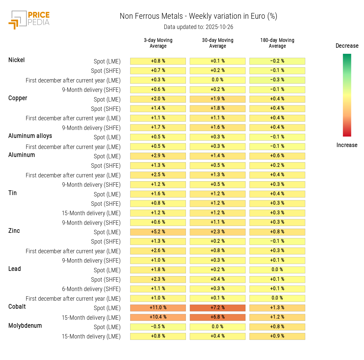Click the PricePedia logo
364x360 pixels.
[x=29, y=20]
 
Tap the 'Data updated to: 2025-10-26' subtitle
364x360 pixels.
[x=198, y=27]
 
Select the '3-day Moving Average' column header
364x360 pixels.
[x=158, y=43]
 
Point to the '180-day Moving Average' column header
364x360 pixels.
[x=277, y=43]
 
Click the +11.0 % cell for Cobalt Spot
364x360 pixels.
[x=158, y=308]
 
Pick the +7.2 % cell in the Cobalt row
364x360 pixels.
[x=218, y=308]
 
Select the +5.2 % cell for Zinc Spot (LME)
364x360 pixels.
[x=158, y=232]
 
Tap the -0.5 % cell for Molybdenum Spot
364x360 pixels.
[x=158, y=327]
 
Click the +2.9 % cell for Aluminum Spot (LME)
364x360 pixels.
[x=158, y=156]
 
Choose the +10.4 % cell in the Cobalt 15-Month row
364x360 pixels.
[x=158, y=317]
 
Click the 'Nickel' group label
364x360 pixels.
[x=17, y=60]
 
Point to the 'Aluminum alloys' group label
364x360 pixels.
[x=30, y=136]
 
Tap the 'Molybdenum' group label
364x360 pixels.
[x=25, y=326]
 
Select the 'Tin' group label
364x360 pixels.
[x=12, y=193]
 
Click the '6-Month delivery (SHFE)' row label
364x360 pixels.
[x=91, y=289]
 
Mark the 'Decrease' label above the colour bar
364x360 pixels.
[x=347, y=46]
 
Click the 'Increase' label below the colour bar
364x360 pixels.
[x=347, y=145]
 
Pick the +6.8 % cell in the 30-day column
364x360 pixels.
[x=218, y=317]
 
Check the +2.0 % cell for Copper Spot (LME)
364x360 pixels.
[x=158, y=99]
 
